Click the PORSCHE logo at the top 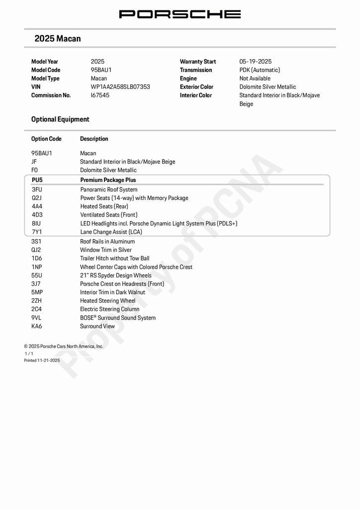point(180,14)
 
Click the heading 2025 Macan point(58,39)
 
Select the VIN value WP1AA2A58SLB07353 point(120,87)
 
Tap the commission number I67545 point(100,95)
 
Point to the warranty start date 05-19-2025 point(256,62)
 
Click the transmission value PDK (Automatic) point(260,70)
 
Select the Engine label point(188,79)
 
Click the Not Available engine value point(255,79)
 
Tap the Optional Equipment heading point(60,119)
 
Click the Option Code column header point(46,139)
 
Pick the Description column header point(94,139)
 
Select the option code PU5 point(37,180)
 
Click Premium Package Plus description point(108,180)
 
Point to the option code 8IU point(36,224)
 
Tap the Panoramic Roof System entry point(109,190)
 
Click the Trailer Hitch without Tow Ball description point(114,258)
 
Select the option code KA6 point(37,327)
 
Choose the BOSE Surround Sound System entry point(118,318)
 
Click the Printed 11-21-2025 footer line point(42,360)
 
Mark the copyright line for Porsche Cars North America point(64,346)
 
